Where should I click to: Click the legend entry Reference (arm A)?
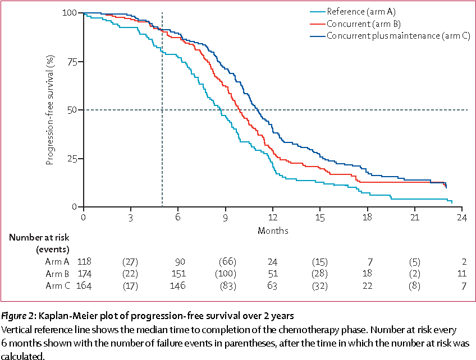coord(362,11)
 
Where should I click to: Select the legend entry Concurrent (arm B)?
coord(363,24)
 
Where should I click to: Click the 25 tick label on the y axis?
coord(71,159)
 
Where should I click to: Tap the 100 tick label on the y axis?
coord(70,13)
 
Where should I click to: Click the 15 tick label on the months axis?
coord(320,218)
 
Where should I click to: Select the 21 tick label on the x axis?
coord(415,218)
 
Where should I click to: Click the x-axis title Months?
coord(273,230)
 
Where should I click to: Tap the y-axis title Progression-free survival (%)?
coord(50,110)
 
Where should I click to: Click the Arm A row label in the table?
coord(57,261)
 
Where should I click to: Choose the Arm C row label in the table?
coord(57,287)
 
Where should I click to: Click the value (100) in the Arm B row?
coord(225,274)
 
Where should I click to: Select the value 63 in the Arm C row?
coord(273,287)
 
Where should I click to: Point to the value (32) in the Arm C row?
coord(320,287)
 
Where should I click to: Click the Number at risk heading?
coord(39,237)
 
